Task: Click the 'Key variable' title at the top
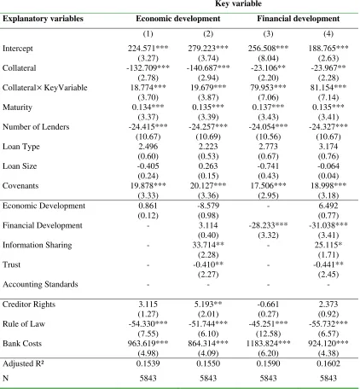238,3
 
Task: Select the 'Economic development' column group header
178,19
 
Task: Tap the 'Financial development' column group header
299,19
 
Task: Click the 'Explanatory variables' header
43,19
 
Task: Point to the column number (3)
268,34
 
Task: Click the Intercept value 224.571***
148,49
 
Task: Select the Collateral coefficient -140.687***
208,68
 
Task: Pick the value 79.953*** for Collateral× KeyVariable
268,88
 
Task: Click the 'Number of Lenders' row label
36,127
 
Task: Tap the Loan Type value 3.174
328,147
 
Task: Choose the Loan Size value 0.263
208,166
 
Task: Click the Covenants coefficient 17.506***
268,186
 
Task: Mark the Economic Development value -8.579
208,206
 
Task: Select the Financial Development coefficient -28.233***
268,225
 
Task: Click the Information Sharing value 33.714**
208,245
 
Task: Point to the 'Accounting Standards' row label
40,284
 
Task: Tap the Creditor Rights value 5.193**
208,305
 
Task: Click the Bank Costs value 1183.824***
268,344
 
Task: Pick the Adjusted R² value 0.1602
328,363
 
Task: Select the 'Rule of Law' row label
24,324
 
